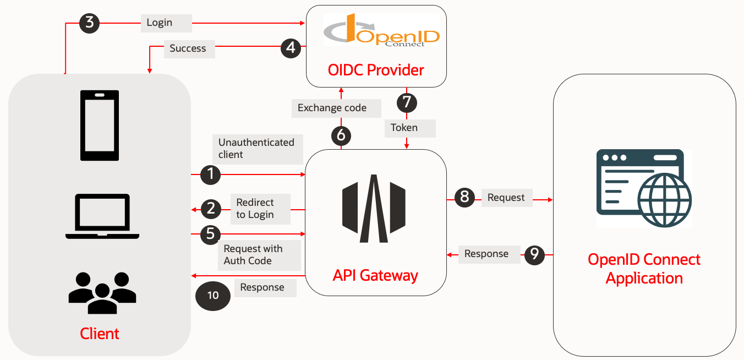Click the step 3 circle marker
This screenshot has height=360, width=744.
pyautogui.click(x=90, y=23)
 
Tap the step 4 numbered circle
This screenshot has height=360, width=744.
pyautogui.click(x=291, y=48)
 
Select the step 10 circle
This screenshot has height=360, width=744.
pyautogui.click(x=213, y=296)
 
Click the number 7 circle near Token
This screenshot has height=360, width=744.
pyautogui.click(x=407, y=102)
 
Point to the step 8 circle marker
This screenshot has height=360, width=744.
pyautogui.click(x=464, y=197)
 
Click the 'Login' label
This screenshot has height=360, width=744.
pyautogui.click(x=160, y=23)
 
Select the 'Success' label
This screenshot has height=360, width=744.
pyautogui.click(x=188, y=48)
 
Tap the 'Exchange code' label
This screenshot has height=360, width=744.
pyautogui.click(x=332, y=108)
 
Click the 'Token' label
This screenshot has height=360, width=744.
pyautogui.click(x=404, y=128)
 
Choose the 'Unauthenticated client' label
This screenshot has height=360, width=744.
pyautogui.click(x=256, y=149)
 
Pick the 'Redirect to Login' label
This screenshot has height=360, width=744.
pyautogui.click(x=255, y=209)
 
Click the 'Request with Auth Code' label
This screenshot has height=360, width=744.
pyautogui.click(x=253, y=255)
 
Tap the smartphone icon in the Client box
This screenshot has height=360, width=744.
pyautogui.click(x=100, y=125)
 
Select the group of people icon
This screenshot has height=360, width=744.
pyautogui.click(x=102, y=293)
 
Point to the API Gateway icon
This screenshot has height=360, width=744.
pyautogui.click(x=374, y=209)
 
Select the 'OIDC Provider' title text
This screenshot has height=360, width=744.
pyautogui.click(x=376, y=70)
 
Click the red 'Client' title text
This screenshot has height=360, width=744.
pyautogui.click(x=100, y=334)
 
